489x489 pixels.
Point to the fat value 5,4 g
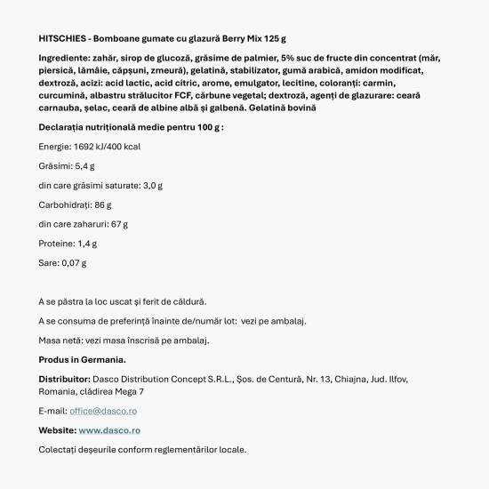coord(84,166)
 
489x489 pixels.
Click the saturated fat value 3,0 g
coord(153,186)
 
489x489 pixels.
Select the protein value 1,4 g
coord(86,243)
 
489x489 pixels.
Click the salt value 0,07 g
coord(76,262)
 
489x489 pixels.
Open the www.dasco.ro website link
coord(109,430)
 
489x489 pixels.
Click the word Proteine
coord(56,243)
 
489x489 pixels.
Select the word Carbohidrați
coord(65,204)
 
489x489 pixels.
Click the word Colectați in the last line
coord(59,449)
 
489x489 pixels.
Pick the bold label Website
coord(57,430)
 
